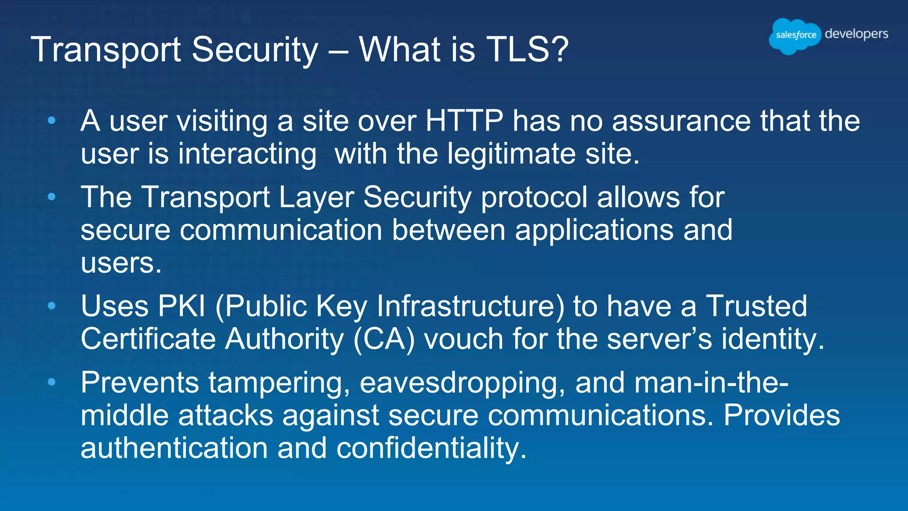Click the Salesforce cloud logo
pyautogui.click(x=795, y=35)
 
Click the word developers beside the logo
pyautogui.click(x=856, y=34)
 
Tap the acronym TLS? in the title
pyautogui.click(x=527, y=49)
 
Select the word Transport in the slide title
pyautogui.click(x=106, y=49)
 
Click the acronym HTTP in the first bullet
pyautogui.click(x=464, y=121)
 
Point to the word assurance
pyautogui.click(x=681, y=121)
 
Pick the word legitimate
pyautogui.click(x=512, y=154)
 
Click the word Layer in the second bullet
pyautogui.click(x=316, y=197)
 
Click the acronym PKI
pyautogui.click(x=182, y=306)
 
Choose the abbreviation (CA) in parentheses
pyautogui.click(x=384, y=339)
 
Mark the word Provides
pyautogui.click(x=782, y=416)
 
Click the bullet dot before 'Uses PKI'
pyautogui.click(x=52, y=306)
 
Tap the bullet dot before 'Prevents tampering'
pyautogui.click(x=52, y=382)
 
